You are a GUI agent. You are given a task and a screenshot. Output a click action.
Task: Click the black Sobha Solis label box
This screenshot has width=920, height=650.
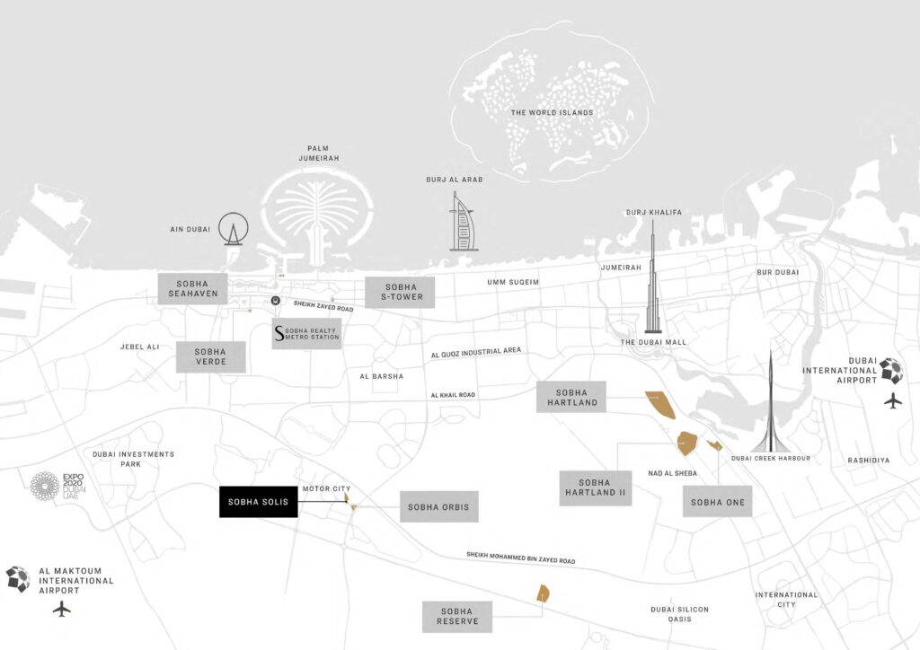259,502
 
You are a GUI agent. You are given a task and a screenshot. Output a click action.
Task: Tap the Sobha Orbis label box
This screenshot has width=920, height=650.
438,507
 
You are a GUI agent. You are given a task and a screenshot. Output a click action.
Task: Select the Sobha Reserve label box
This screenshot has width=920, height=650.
457,617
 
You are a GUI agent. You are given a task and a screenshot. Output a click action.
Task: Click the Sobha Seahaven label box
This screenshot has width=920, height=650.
193,289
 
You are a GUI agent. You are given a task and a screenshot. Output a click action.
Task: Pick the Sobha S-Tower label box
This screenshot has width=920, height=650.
400,292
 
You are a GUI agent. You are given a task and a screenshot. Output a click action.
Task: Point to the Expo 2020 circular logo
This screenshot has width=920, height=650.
45,487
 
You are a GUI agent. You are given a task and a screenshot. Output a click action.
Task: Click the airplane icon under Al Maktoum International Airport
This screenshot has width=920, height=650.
61,609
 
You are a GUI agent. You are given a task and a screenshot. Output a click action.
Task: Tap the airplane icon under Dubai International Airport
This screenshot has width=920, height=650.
892,400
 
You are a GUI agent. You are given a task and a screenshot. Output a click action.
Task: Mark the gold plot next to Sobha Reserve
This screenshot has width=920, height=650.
543,593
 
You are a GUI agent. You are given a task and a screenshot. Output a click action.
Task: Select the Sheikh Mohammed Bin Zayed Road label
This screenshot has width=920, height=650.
520,558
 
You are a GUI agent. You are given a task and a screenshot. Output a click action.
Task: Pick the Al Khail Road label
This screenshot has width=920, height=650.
453,395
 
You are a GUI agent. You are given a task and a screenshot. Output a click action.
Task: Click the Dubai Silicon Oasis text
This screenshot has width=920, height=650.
679,614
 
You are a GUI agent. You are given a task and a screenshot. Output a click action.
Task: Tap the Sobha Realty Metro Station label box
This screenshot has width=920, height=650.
307,334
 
